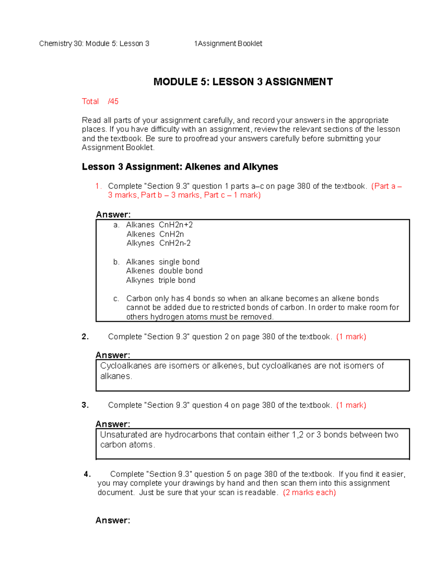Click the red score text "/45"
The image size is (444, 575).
113,101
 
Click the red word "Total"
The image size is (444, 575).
90,101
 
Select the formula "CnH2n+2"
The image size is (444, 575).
176,225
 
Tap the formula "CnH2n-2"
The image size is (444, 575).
175,243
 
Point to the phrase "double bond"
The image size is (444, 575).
181,271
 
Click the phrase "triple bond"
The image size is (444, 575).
177,280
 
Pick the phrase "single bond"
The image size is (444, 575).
179,262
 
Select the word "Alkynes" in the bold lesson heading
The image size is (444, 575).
260,167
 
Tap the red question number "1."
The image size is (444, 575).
98,186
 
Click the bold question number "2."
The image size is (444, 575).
85,337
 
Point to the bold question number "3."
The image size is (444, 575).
85,405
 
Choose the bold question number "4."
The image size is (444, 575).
87,474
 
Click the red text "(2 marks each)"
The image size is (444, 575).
309,492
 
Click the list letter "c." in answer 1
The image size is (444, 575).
116,299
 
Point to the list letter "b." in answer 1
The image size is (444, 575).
116,262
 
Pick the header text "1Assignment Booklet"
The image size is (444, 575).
228,44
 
